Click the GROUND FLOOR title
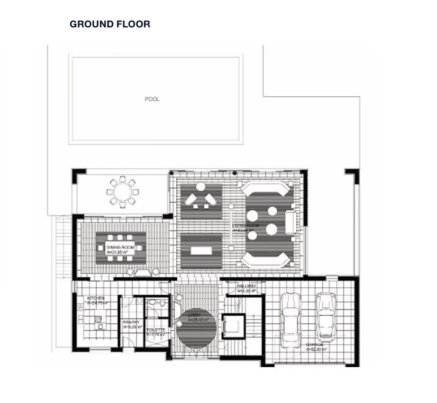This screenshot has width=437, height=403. click(x=110, y=24)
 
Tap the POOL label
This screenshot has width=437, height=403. click(x=152, y=99)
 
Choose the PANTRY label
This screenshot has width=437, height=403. click(x=132, y=324)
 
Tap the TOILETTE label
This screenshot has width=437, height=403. click(x=156, y=332)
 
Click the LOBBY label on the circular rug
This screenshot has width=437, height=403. click(x=196, y=318)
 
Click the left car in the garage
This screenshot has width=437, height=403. click(x=290, y=317)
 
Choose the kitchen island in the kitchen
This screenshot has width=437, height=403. click(x=97, y=319)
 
